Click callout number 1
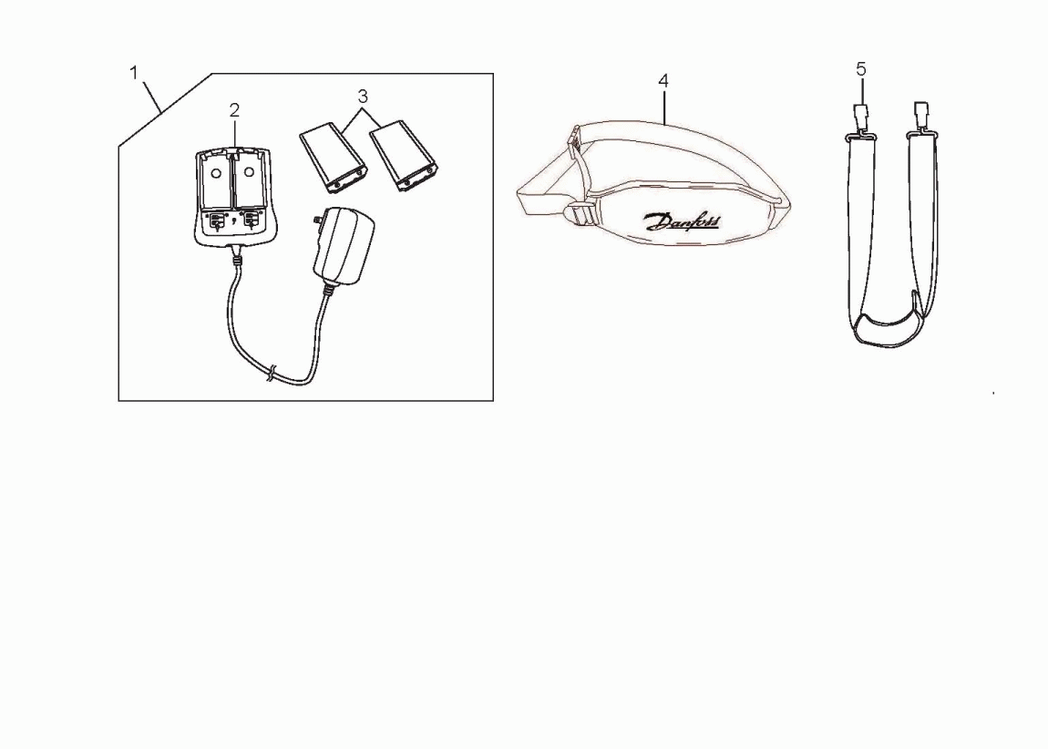[134, 73]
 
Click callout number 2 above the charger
[234, 110]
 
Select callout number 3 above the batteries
[363, 97]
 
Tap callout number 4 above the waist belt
[663, 81]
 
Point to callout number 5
[861, 69]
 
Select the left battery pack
[333, 158]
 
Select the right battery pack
[404, 156]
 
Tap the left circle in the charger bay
[215, 172]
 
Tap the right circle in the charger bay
[249, 171]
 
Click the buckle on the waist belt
[581, 215]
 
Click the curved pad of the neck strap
[888, 330]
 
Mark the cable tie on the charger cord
[271, 374]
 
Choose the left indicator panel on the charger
[216, 221]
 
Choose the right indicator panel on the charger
[251, 221]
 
